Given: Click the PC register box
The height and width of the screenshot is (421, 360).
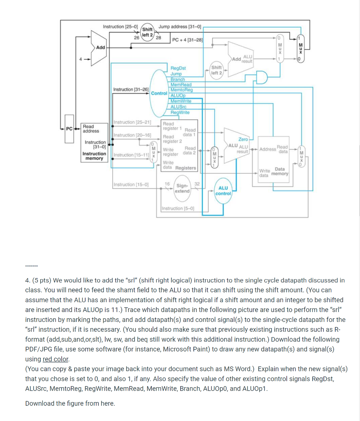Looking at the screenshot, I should (x=69, y=129).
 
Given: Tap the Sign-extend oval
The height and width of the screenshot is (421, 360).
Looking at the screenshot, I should (x=182, y=188).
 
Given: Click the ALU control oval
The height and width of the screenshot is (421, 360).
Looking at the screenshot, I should (x=223, y=191).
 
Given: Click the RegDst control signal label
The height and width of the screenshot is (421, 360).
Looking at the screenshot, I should (x=178, y=68).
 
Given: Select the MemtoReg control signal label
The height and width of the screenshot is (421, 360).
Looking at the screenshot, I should (x=181, y=90).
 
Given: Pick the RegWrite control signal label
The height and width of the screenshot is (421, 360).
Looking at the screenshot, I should (x=180, y=112).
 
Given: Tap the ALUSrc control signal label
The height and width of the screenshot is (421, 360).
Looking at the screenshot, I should (x=179, y=107).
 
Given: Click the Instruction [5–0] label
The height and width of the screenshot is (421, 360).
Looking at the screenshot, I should (x=177, y=208).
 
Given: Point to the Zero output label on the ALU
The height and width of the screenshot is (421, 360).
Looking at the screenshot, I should (x=243, y=139).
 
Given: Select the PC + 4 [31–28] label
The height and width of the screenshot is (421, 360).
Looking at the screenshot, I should (x=187, y=40).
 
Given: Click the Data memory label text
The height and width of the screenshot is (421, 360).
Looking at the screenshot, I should (x=280, y=171).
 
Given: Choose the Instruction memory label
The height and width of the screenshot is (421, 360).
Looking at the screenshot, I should (x=95, y=156).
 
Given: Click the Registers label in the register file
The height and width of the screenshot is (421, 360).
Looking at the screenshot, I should (x=186, y=168).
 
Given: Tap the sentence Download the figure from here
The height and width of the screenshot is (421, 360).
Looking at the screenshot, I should (x=70, y=403).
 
